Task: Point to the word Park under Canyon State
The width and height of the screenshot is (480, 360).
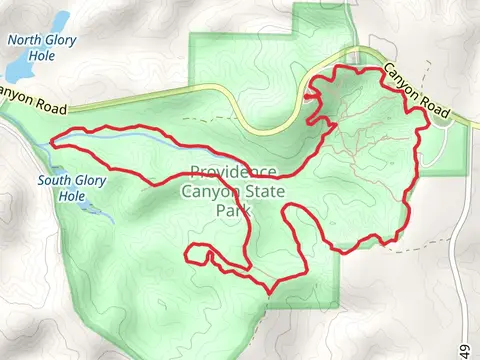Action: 232,211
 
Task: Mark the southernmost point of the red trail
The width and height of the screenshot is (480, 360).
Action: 268,292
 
